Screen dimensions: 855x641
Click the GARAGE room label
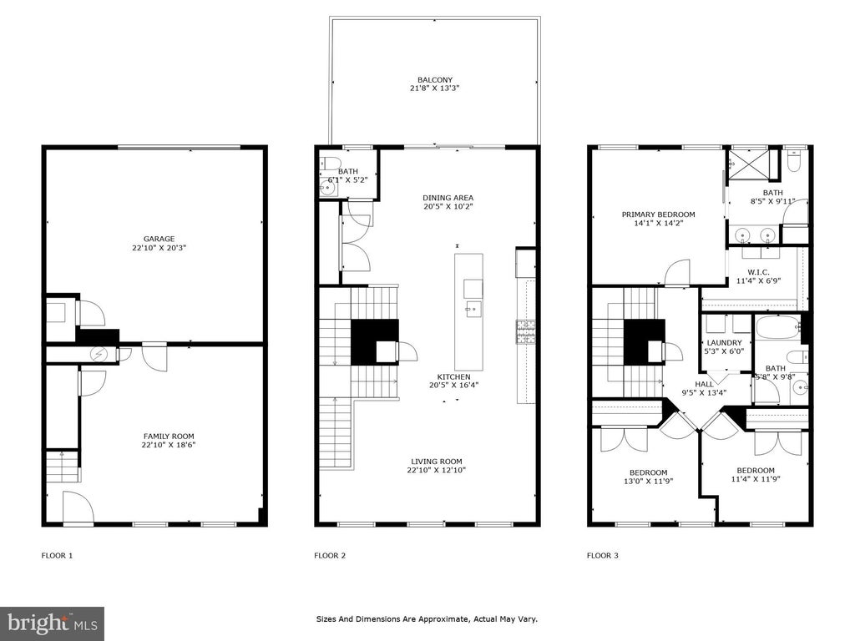(x=159, y=239)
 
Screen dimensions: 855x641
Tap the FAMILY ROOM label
(x=169, y=436)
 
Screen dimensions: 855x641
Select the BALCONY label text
(x=435, y=79)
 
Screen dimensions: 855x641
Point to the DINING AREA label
(x=448, y=198)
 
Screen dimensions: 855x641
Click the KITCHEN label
(x=453, y=376)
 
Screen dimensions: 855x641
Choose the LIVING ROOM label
(x=436, y=461)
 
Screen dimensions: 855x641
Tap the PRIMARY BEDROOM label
(x=658, y=215)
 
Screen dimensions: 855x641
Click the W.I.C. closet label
(x=758, y=272)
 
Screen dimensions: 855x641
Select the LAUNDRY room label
(x=724, y=343)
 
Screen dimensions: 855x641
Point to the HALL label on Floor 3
(x=704, y=384)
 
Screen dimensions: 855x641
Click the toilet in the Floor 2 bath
(x=331, y=163)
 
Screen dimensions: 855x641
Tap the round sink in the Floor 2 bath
(x=327, y=187)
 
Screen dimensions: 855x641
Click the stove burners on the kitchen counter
(x=526, y=332)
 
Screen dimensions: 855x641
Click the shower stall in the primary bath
(x=749, y=164)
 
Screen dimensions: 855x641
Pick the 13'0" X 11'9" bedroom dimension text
(x=649, y=482)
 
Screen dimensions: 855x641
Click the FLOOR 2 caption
(x=330, y=555)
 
